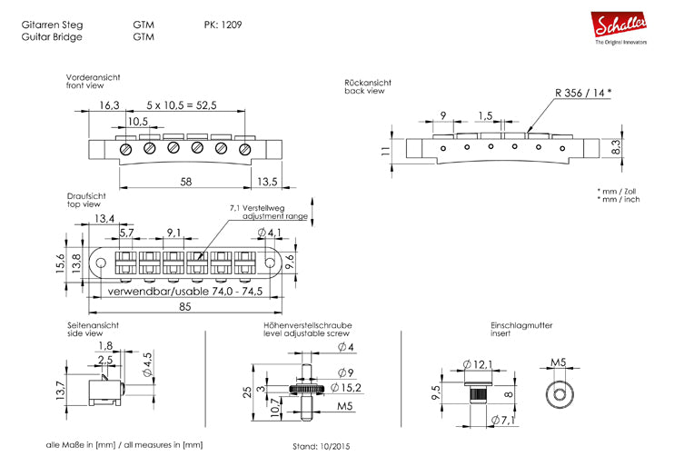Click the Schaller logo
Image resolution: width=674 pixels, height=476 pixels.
tap(621, 26)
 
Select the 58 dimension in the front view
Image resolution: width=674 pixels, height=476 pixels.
tap(185, 182)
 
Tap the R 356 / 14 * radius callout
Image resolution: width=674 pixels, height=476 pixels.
tap(582, 93)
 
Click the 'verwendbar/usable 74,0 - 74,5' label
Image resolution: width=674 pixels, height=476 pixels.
tap(185, 293)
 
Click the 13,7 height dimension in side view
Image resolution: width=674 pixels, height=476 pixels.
tap(61, 392)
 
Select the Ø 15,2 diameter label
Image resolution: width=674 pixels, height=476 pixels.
tap(346, 388)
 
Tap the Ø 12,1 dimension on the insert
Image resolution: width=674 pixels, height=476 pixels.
tap(477, 363)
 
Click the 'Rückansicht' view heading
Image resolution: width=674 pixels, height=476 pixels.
tap(368, 83)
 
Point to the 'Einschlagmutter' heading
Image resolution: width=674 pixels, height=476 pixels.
tap(520, 325)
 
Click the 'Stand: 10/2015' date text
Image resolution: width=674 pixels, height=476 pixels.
tap(321, 447)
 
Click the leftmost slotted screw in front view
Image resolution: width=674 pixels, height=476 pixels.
tap(127, 149)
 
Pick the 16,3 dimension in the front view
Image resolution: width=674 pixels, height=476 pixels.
tap(108, 105)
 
